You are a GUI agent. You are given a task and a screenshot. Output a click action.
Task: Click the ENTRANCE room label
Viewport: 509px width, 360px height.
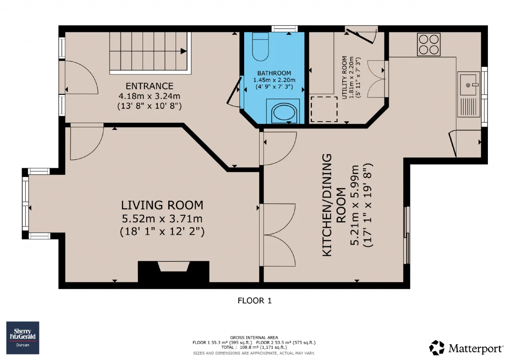pos(150,86)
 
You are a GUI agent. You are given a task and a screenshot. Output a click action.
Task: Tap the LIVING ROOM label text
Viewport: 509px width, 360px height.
pos(162,205)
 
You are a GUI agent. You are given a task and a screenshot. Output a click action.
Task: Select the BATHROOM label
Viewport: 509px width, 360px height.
pos(274,73)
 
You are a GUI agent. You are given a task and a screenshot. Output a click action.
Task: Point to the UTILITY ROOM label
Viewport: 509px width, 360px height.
pos(344,77)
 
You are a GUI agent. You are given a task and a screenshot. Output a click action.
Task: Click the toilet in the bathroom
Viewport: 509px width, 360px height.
pos(260,47)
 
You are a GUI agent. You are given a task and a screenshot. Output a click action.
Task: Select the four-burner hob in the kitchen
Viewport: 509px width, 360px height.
pos(429,45)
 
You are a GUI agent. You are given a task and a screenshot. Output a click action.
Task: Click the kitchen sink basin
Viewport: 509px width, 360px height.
pos(468,85)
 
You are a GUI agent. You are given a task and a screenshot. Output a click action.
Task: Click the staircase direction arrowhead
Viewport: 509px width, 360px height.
pos(184,51)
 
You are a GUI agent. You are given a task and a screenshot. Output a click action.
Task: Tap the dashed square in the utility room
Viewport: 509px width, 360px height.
pos(324,109)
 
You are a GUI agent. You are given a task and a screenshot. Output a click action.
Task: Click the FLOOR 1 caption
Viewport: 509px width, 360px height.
pos(254,301)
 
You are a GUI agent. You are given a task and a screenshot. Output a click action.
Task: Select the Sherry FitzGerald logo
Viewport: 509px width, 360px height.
pos(23,338)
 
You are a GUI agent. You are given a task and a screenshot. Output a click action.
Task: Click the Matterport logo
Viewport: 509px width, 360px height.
pos(466,348)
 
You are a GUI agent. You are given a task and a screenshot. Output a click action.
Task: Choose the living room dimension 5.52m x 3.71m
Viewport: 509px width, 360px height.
pos(162,219)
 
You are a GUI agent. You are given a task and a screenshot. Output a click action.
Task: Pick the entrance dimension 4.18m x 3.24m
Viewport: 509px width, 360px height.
pos(149,96)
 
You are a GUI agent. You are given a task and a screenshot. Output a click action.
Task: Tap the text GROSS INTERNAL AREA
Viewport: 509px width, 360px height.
pos(254,337)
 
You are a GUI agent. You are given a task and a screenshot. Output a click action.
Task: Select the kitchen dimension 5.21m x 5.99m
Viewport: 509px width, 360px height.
pos(354,205)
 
